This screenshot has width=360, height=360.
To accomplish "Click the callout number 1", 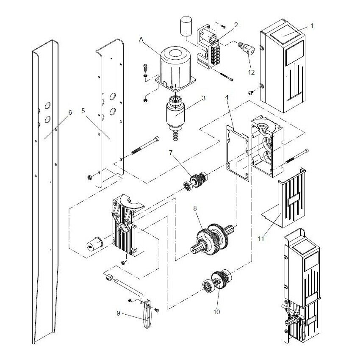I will (x=312, y=25).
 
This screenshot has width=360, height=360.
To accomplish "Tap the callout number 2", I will (x=236, y=25).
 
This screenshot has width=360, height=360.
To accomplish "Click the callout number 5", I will (x=83, y=111).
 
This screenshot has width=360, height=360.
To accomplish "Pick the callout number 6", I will (x=70, y=112).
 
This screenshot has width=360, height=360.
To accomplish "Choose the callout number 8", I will (x=195, y=208).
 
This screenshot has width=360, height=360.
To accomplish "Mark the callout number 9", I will (x=118, y=313).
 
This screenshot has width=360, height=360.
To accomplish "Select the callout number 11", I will (x=260, y=239).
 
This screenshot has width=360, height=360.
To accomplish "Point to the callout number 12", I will (x=252, y=72).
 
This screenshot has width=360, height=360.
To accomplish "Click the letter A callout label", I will (x=141, y=39).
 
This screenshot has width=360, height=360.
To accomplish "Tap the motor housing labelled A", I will (x=174, y=68).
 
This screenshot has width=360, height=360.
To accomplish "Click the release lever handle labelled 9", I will (x=147, y=316).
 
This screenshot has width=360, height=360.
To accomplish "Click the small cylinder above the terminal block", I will (x=185, y=28).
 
